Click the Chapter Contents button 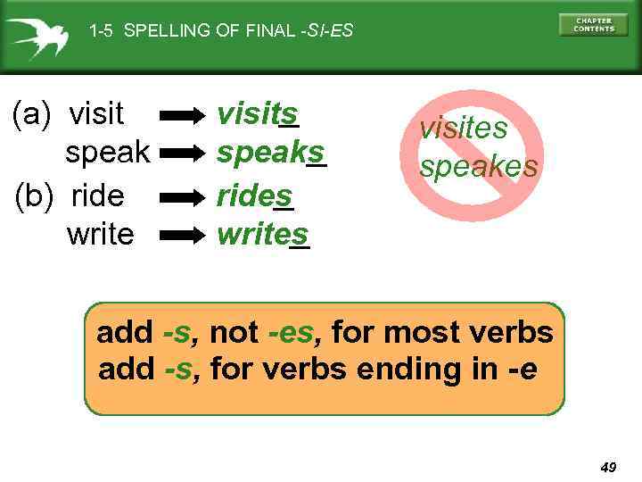click(593, 24)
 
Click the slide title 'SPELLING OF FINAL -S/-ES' click(221, 31)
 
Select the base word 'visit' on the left click(96, 113)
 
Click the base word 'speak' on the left click(108, 153)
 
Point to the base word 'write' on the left click(100, 234)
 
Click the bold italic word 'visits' click(258, 113)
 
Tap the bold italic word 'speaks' click(271, 153)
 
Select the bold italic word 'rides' click(255, 194)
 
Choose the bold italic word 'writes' click(262, 234)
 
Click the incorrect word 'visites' click(463, 128)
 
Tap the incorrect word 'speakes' click(479, 166)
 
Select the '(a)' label click(30, 114)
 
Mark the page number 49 click(609, 467)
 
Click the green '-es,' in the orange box click(291, 334)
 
